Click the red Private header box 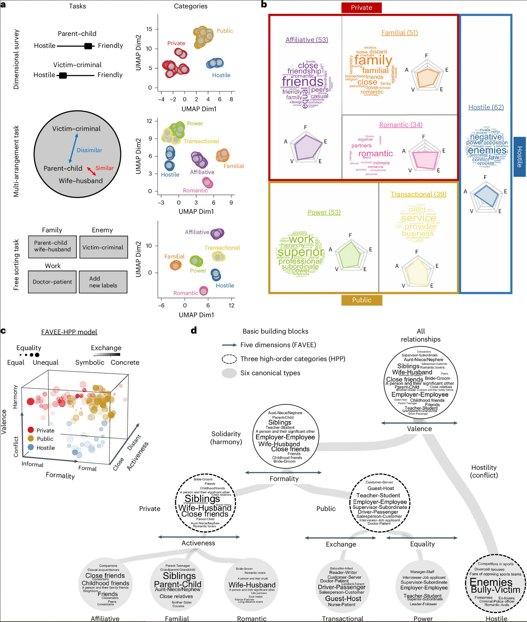pyautogui.click(x=361, y=8)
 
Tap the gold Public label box pyautogui.click(x=361, y=300)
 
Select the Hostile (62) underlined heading pyautogui.click(x=486, y=107)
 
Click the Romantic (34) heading pyautogui.click(x=401, y=125)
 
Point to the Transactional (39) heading pyautogui.click(x=418, y=194)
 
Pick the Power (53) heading pyautogui.click(x=324, y=212)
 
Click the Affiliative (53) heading pyautogui.click(x=307, y=40)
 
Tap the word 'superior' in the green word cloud pyautogui.click(x=301, y=252)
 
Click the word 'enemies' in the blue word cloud pyautogui.click(x=487, y=150)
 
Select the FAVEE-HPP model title pyautogui.click(x=69, y=332)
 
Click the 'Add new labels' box pyautogui.click(x=103, y=282)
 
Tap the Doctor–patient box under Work pyautogui.click(x=52, y=282)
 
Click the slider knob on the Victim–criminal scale pyautogui.click(x=63, y=75)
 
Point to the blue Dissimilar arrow pyautogui.click(x=73, y=148)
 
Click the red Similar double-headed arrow pyautogui.click(x=92, y=171)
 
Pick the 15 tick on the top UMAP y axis pyautogui.click(x=149, y=29)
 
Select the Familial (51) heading pyautogui.click(x=400, y=33)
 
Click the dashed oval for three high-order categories pyautogui.click(x=229, y=359)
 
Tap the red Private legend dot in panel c pyautogui.click(x=31, y=430)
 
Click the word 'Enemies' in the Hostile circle pyautogui.click(x=491, y=582)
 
